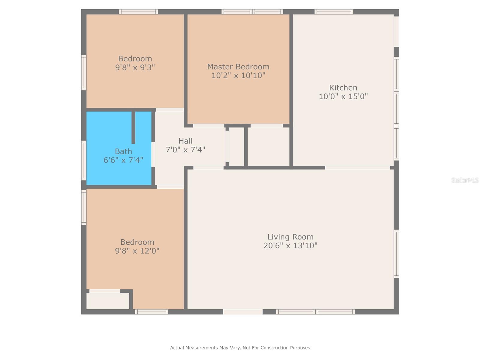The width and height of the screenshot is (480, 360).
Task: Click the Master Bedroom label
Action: tap(238, 67)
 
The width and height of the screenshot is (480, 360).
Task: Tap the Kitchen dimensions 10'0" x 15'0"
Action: tap(343, 96)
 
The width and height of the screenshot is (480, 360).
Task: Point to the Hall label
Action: tap(185, 141)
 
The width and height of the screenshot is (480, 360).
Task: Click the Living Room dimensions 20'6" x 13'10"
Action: tap(290, 246)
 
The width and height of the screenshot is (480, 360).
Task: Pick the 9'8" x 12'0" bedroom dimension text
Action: tap(137, 251)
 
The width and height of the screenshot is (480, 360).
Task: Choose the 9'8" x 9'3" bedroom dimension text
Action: tap(135, 67)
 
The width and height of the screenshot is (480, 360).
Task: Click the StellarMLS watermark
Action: tap(465, 180)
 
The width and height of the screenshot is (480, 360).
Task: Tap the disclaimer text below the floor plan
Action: tap(240, 348)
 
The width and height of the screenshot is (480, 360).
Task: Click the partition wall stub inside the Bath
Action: tap(133, 127)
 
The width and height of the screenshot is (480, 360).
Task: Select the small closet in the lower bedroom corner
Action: tap(108, 301)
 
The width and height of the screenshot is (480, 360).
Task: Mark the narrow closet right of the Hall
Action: tap(236, 146)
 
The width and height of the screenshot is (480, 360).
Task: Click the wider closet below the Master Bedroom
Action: tap(268, 146)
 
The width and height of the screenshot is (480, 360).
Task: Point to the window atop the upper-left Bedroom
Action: tap(138, 12)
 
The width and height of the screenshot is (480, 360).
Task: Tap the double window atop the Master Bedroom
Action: tap(252, 12)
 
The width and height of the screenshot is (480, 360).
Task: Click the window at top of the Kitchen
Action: tap(334, 12)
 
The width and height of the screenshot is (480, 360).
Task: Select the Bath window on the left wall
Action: tap(84, 160)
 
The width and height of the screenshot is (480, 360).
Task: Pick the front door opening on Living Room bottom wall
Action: tap(243, 312)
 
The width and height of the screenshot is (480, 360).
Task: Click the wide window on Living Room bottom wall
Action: tap(315, 312)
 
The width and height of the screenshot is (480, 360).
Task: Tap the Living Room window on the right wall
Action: tap(396, 254)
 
